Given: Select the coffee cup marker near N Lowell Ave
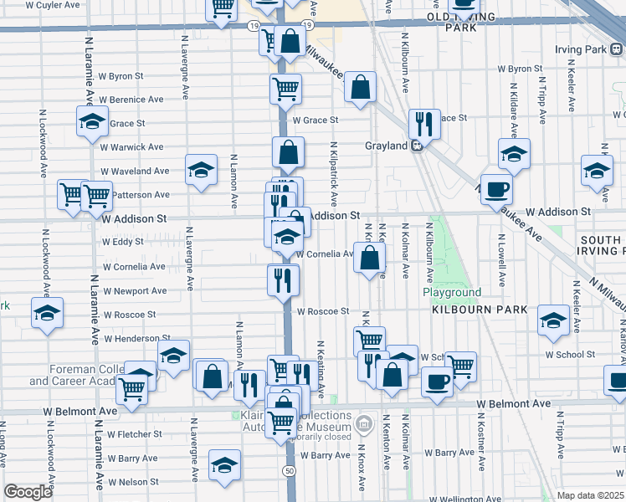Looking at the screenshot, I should [x=496, y=189].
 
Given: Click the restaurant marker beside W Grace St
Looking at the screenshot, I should [x=424, y=124].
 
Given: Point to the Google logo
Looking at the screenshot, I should [x=28, y=492].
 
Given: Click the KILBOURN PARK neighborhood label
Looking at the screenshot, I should [x=480, y=310].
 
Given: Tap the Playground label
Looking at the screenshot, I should [x=451, y=293].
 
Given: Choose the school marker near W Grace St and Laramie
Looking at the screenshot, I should [x=92, y=121].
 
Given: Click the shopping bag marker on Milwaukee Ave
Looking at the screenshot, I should [x=360, y=87].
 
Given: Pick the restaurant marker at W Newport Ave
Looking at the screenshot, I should [x=284, y=279].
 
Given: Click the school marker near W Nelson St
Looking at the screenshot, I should [x=224, y=465].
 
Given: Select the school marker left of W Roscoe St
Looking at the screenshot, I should [x=47, y=314].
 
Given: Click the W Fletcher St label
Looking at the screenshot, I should [x=134, y=434].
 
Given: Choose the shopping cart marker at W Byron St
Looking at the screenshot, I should [x=285, y=88].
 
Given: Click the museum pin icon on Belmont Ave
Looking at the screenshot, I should [x=363, y=424].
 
